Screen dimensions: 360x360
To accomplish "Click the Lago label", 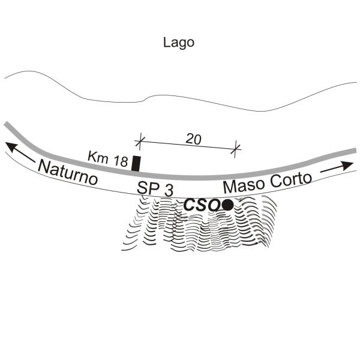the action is click(x=179, y=43).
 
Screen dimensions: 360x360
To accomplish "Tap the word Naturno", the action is click(x=68, y=172).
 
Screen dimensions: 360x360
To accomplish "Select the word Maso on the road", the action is click(x=244, y=185).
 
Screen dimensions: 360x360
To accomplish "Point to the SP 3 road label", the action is click(x=155, y=188).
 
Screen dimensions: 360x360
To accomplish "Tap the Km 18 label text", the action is click(x=107, y=158).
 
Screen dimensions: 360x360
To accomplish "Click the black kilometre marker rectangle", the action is click(x=136, y=163).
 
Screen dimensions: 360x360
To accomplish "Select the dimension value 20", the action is click(x=193, y=139).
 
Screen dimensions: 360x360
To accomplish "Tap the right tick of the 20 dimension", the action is click(x=235, y=149).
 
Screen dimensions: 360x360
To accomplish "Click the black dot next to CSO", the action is click(x=228, y=205).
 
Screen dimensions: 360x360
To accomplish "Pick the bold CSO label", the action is click(x=202, y=205).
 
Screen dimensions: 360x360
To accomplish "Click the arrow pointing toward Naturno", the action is click(x=20, y=152).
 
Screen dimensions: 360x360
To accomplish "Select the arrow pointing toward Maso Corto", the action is click(x=337, y=166).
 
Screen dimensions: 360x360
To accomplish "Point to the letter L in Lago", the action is click(x=166, y=42).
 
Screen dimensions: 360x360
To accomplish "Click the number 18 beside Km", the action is click(x=121, y=161).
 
